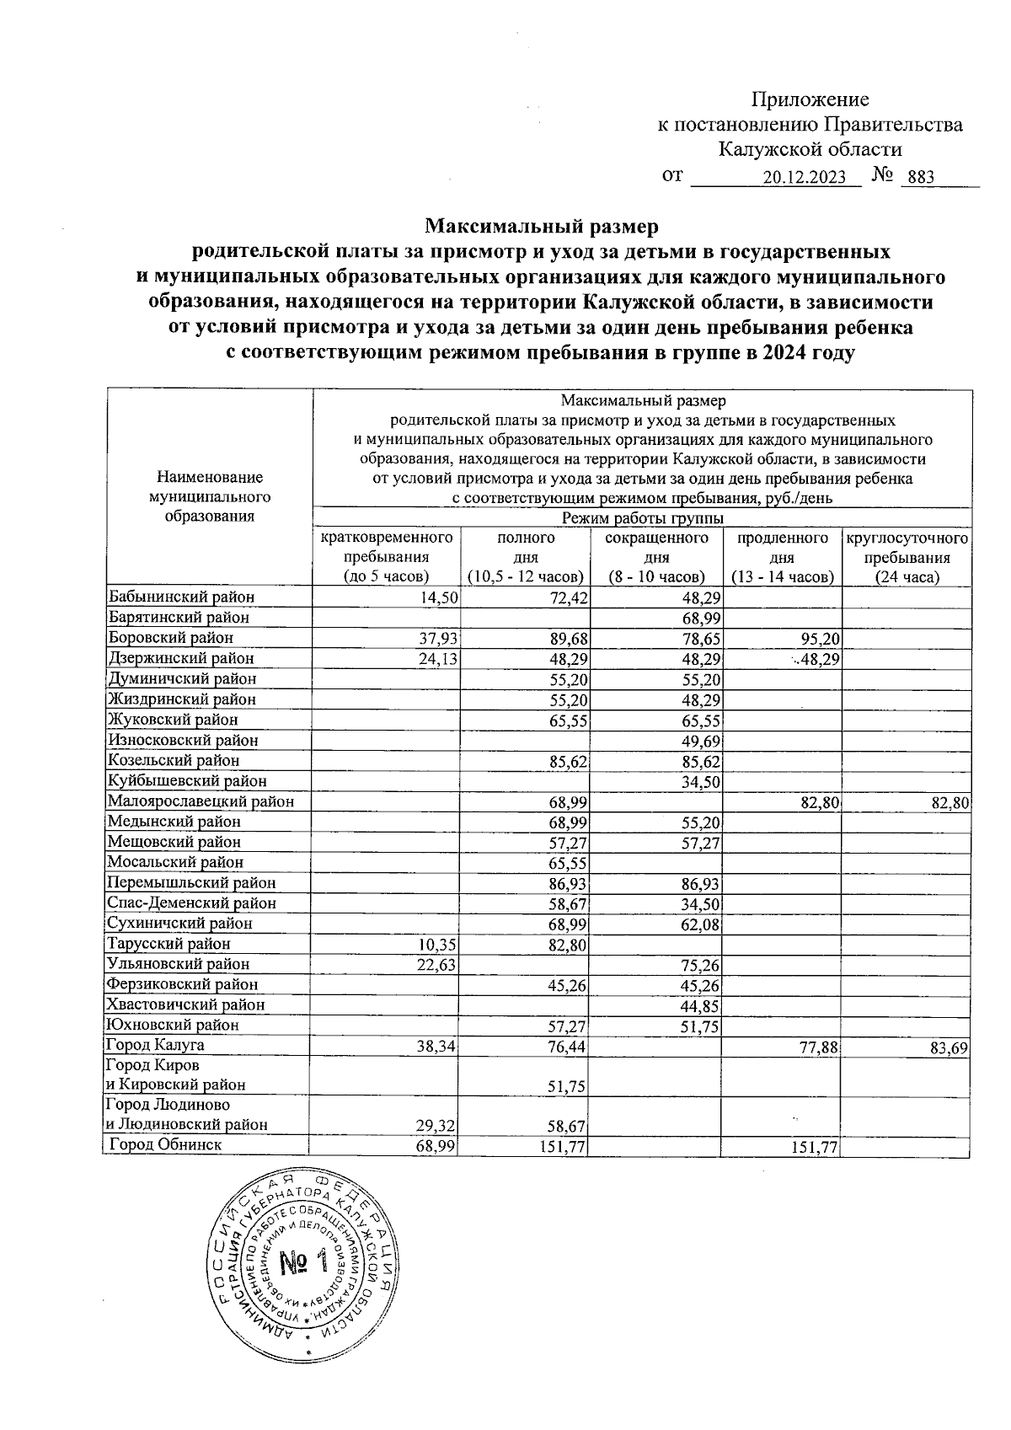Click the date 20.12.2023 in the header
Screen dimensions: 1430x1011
[x=804, y=178]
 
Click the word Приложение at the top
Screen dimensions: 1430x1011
[x=810, y=99]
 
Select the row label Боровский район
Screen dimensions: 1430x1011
[x=170, y=638]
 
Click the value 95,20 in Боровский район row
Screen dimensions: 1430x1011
[x=816, y=639]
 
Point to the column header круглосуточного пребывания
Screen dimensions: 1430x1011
[x=907, y=557]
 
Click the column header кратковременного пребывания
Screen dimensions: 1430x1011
[x=387, y=557]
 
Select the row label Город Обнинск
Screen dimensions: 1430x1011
[x=166, y=1145]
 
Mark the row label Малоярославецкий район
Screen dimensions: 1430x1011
[x=201, y=801]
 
